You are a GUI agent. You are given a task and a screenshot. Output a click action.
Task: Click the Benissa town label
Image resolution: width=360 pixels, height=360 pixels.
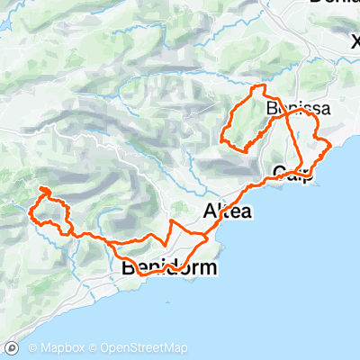click(298, 109)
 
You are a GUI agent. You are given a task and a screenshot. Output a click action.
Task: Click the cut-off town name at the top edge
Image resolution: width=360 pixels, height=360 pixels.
click(333, 3)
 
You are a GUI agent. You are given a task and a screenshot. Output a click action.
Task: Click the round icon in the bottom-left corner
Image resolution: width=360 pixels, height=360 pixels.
click(12, 347)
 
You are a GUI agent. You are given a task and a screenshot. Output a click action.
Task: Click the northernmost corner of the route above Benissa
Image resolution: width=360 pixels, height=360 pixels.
click(261, 85)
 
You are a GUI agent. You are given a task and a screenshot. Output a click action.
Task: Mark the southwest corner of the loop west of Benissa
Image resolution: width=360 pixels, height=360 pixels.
click(221, 140)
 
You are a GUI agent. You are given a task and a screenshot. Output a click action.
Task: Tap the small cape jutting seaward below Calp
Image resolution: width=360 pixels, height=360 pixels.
click(310, 173)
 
